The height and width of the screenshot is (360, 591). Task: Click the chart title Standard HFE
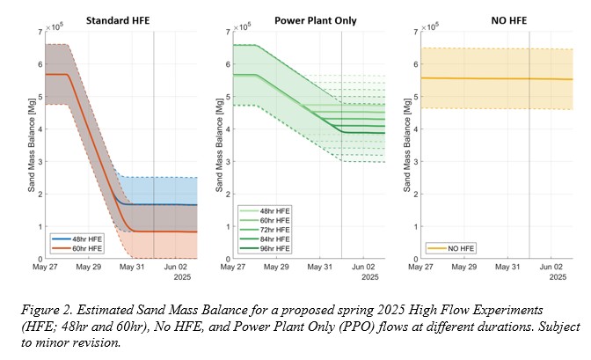coord(118,20)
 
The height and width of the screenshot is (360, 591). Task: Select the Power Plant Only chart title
coord(316,21)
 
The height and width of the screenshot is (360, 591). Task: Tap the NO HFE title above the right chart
coord(509,20)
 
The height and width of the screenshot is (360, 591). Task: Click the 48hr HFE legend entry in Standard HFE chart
coord(77,239)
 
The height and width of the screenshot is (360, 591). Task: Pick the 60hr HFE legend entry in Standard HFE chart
coord(77,249)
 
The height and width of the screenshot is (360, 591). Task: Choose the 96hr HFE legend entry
coord(265,249)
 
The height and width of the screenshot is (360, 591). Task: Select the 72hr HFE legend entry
coord(265,230)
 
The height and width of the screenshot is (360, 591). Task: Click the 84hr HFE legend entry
coord(265,239)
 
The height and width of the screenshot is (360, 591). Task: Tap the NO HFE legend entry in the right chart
coord(451,248)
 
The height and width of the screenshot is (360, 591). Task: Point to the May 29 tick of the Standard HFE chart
coord(89,267)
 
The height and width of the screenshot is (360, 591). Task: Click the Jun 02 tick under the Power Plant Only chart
coord(363,267)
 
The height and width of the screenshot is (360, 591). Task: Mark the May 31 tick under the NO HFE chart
coord(507,267)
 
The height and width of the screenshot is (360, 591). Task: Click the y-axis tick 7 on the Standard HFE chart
coord(40,32)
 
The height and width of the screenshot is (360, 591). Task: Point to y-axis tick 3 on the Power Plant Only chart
coord(228,162)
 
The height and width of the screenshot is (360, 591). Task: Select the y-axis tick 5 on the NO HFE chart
coord(416,97)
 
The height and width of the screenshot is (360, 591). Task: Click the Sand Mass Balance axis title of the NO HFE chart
coord(407,145)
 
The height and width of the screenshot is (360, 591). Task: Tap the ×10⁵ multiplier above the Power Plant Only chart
coord(242,26)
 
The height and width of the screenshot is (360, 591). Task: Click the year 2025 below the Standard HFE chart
coord(182,277)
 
